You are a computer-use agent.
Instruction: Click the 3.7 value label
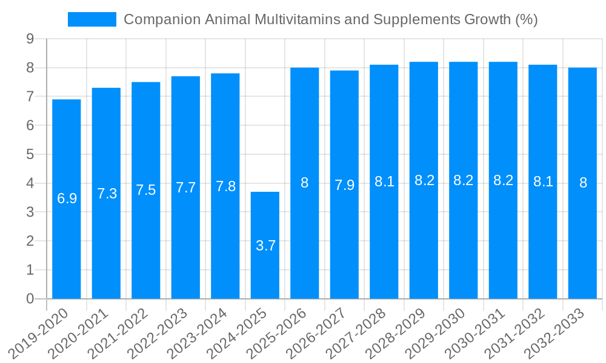[265, 246]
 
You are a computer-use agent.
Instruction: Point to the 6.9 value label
[67, 198]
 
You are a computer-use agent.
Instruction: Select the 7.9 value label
[344, 185]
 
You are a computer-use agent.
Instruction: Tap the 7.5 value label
[146, 190]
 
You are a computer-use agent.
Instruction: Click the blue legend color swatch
[92, 19]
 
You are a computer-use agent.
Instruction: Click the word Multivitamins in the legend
[297, 19]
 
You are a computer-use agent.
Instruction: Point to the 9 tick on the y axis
[30, 39]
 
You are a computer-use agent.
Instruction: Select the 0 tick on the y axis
[30, 299]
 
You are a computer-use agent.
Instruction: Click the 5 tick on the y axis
[30, 154]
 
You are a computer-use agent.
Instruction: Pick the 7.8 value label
[225, 186]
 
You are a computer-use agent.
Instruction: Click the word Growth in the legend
[487, 19]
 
